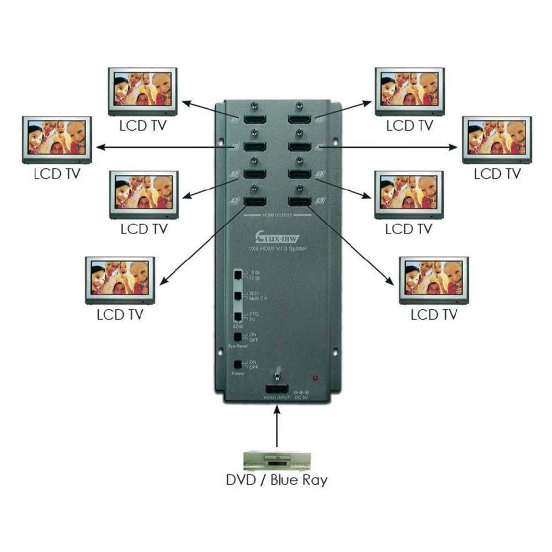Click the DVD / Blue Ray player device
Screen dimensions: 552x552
click(277, 460)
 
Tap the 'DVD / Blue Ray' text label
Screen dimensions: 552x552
click(277, 479)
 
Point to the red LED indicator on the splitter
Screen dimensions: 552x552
click(315, 378)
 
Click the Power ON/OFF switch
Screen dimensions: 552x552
click(237, 364)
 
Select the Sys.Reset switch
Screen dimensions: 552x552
click(237, 337)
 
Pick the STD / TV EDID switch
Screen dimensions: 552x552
click(237, 316)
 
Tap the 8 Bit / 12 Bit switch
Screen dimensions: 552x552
click(237, 274)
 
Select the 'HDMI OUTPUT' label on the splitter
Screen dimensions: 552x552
click(276, 214)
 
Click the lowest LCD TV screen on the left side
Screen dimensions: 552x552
click(120, 279)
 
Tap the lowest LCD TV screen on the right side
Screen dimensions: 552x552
click(434, 279)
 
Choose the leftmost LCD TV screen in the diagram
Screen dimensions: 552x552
click(57, 139)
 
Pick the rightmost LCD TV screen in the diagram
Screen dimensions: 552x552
click(497, 139)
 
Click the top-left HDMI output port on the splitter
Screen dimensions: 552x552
click(254, 119)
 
